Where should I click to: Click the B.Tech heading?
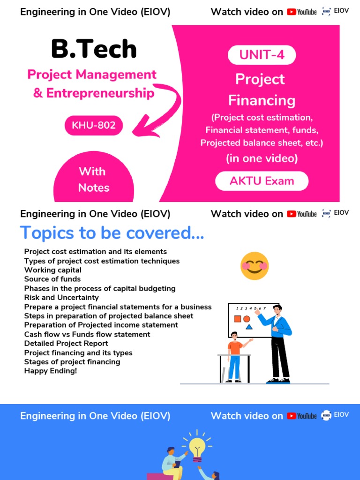tap(94, 49)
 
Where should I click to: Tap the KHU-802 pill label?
tap(94, 125)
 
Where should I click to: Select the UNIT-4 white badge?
tap(262, 55)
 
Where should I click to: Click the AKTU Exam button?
tap(262, 181)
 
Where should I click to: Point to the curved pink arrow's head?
tap(141, 126)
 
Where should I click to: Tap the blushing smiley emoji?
tap(255, 266)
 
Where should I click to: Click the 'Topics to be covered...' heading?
tap(112, 232)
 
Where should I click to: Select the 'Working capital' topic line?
tap(53, 270)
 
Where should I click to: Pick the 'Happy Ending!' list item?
tap(51, 371)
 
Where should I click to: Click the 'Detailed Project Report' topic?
tap(66, 344)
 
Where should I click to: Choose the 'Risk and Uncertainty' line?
tap(61, 298)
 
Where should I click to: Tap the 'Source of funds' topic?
tap(52, 279)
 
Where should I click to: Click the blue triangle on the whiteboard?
tap(249, 327)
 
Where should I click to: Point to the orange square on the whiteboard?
tap(237, 319)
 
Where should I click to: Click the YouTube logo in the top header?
tap(302, 12)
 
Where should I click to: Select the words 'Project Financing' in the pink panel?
tap(261, 90)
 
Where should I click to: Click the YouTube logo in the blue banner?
tap(302, 416)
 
